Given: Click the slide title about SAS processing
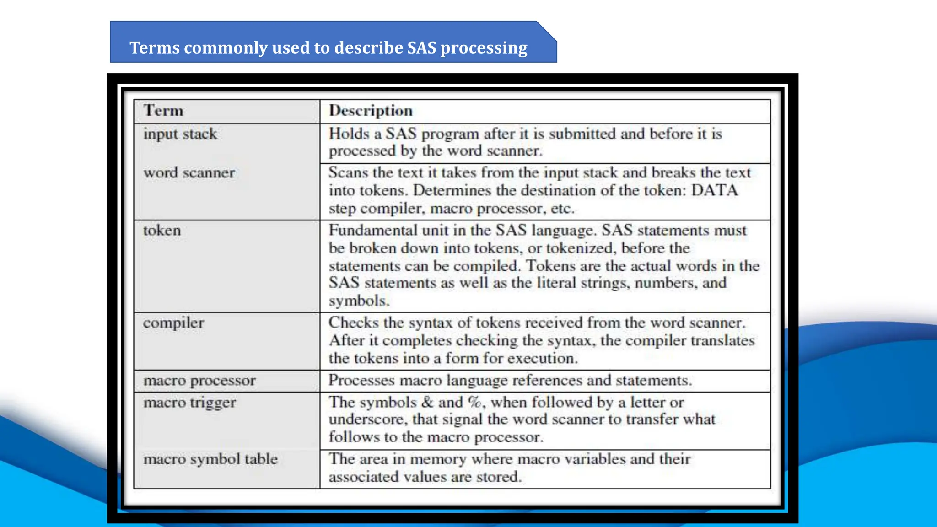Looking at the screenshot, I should tap(328, 48).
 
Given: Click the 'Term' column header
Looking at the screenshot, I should tap(163, 111).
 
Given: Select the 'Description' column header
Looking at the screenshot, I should tap(371, 111).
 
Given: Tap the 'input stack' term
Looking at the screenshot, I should tap(180, 134).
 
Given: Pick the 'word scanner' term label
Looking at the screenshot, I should tap(189, 173).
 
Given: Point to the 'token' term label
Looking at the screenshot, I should tap(162, 231).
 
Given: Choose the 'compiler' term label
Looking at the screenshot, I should tap(173, 323).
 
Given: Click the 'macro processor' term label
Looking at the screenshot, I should tap(199, 381).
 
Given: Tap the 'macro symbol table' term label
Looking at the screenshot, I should tap(210, 459).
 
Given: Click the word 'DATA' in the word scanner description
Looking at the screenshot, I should tap(714, 190).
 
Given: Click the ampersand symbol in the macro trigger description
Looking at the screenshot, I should tap(427, 402).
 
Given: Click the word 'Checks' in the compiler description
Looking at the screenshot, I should tap(353, 323).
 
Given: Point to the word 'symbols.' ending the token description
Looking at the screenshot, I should tap(359, 301).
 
